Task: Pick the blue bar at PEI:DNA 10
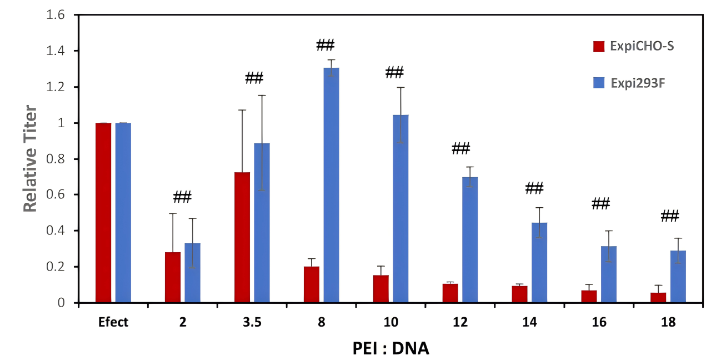400,208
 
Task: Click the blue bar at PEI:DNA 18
678,276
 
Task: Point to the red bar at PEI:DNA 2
173,277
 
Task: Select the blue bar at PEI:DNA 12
470,239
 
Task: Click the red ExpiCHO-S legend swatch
599,46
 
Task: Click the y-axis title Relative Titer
30,159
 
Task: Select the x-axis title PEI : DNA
391,348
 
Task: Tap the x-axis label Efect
113,322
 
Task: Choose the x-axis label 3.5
252,322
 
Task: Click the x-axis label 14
529,322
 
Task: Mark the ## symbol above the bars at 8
326,44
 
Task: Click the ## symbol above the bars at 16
601,204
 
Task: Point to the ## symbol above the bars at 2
182,197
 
